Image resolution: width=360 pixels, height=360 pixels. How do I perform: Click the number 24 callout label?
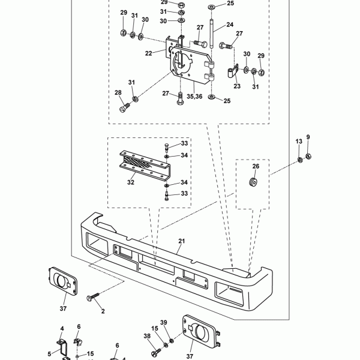coord(230,25)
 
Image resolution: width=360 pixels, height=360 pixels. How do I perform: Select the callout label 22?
coord(149,54)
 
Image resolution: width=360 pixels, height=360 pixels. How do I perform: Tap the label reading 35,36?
coord(194,95)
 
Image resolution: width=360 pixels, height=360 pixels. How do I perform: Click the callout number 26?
coord(254,166)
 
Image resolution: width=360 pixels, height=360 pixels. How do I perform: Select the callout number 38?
coord(147,337)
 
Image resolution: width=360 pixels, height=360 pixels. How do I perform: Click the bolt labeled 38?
coord(160,348)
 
